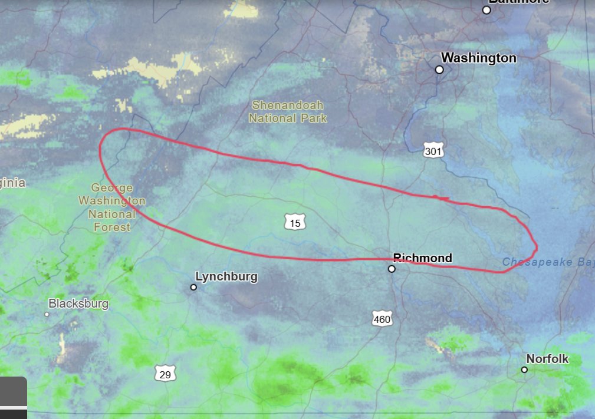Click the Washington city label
[478, 58]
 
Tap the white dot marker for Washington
[439, 70]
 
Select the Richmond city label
[422, 258]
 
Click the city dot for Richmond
[392, 269]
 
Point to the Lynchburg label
[226, 276]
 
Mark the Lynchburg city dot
[193, 287]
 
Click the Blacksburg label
[78, 303]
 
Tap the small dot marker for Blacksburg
[47, 314]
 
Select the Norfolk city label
[547, 358]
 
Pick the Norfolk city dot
[524, 369]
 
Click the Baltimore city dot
[486, 10]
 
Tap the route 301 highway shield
[433, 151]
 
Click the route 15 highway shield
[295, 223]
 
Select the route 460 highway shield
[382, 319]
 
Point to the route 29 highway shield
[166, 374]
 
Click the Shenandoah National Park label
[288, 111]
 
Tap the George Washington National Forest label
[111, 207]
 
